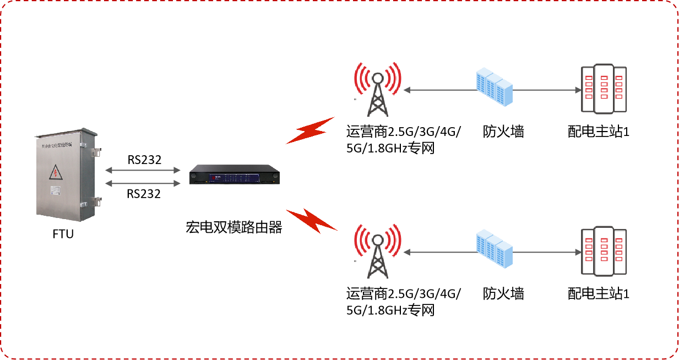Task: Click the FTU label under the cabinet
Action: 63,234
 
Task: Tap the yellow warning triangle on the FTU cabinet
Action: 56,173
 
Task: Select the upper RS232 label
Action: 144,160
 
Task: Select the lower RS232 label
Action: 144,194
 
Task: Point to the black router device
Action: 234,176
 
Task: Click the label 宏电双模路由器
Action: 234,227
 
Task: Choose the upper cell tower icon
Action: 378,88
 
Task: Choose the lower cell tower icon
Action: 378,250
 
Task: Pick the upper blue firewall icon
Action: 494,88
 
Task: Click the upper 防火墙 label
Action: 503,132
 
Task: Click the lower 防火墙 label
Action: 503,293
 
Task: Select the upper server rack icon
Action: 604,88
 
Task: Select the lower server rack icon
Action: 604,251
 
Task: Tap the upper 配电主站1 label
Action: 598,132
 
